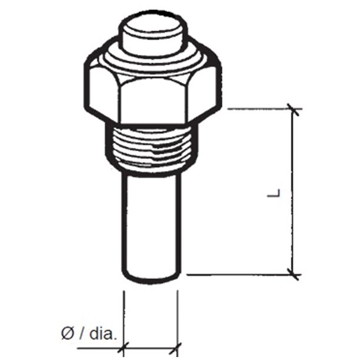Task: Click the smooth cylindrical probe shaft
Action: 150,224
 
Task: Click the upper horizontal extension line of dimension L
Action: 254,109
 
